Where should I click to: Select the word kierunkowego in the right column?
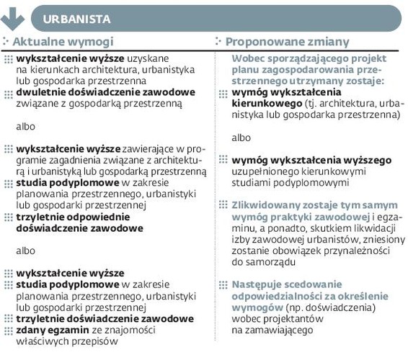tap(264, 103)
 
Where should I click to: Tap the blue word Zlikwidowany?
tap(267, 204)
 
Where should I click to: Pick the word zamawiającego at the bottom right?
tap(282, 330)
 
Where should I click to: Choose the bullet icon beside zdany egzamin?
tap(9, 330)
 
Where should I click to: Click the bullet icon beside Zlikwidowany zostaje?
tap(223, 204)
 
